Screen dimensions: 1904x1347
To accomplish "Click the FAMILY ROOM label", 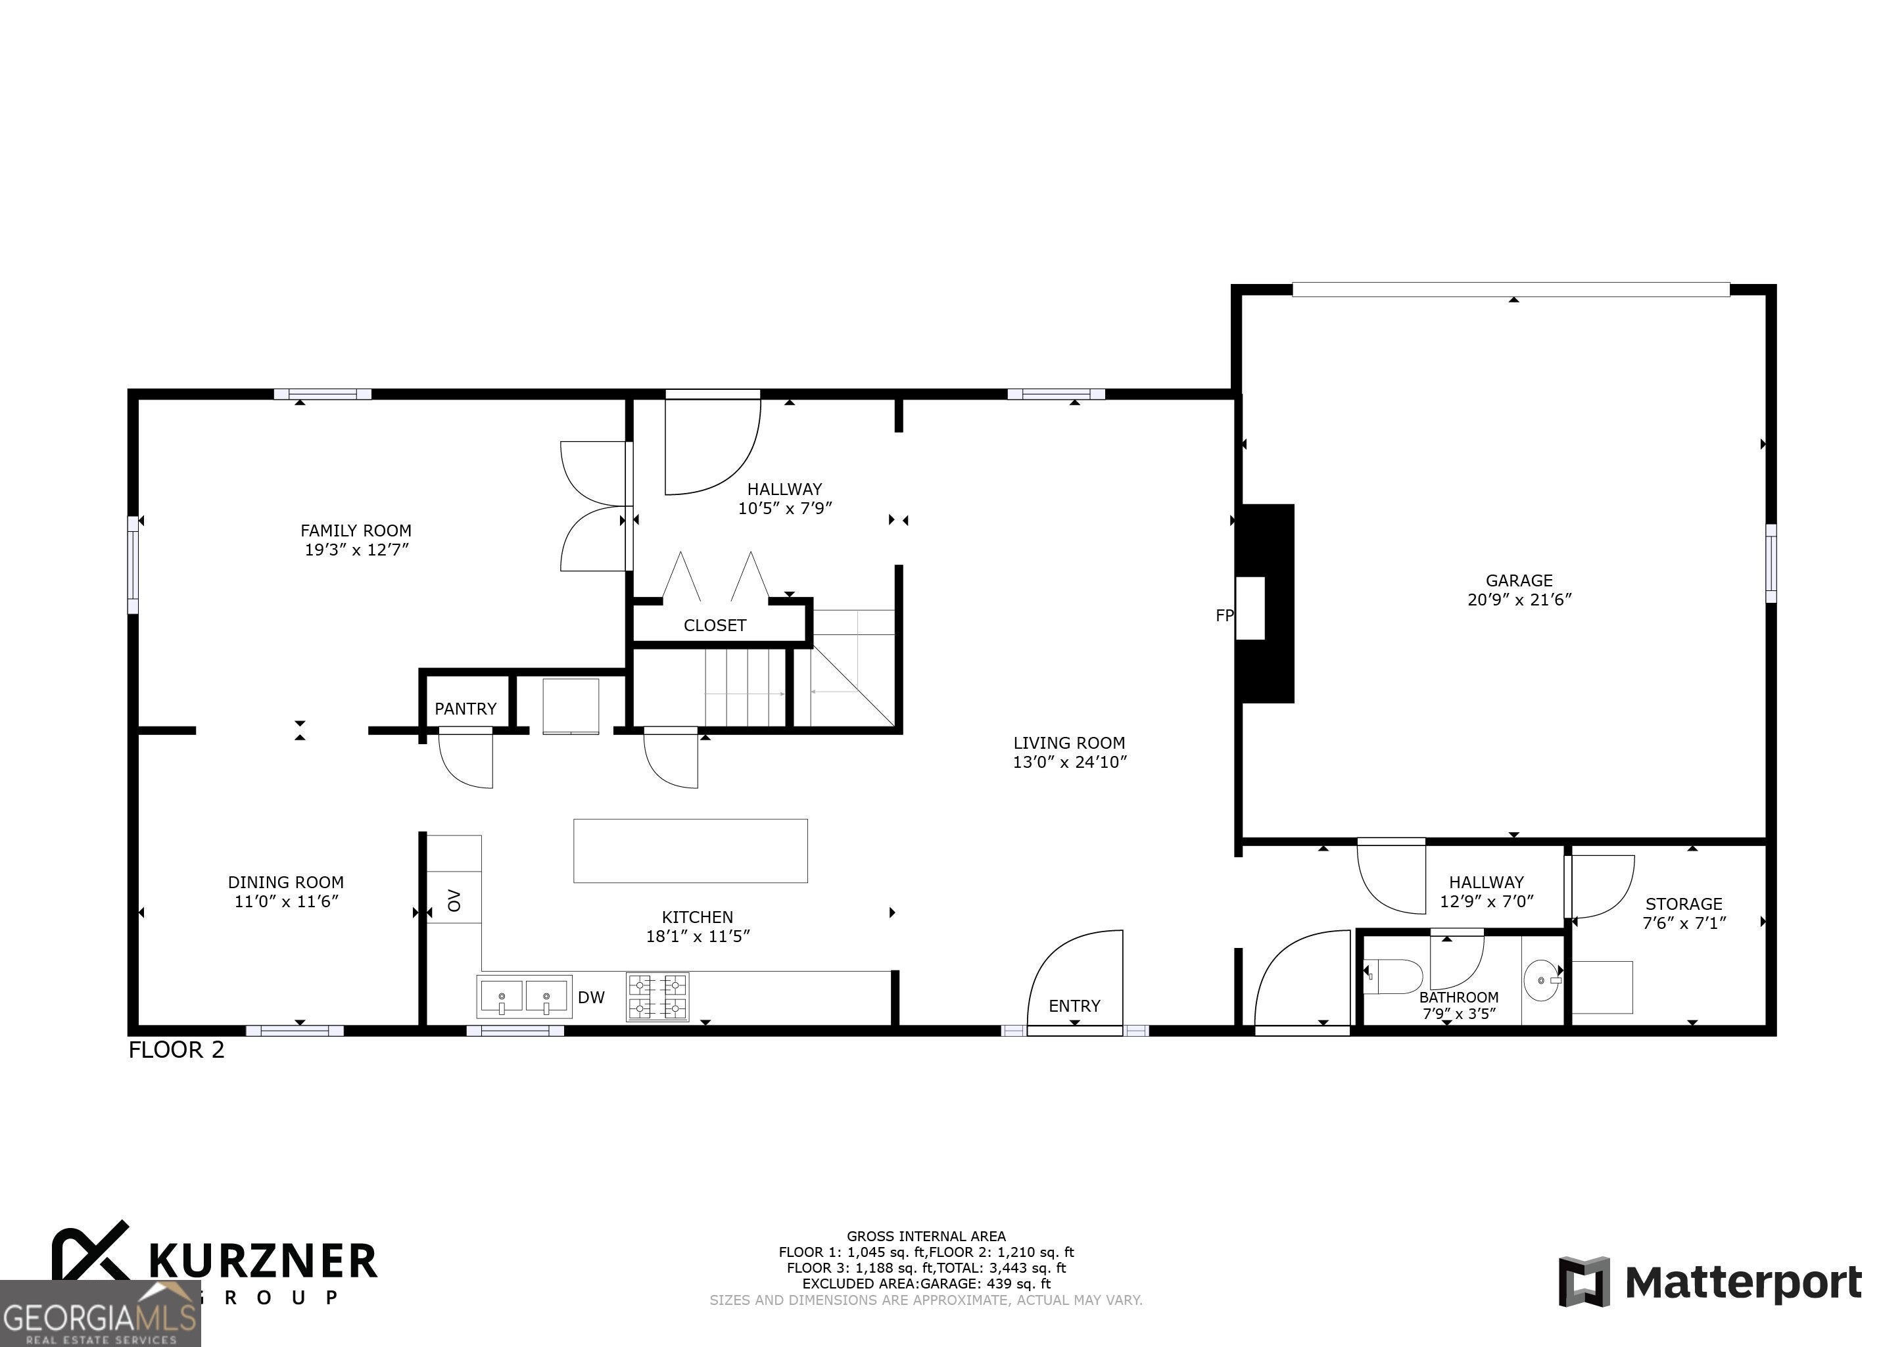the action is pos(356,531).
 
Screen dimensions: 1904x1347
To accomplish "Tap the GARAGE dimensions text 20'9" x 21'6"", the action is pos(1519,600).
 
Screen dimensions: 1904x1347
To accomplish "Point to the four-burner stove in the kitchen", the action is pos(657,996).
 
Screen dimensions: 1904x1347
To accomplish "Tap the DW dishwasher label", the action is pos(591,998).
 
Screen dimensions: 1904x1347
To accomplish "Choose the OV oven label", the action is pos(454,900).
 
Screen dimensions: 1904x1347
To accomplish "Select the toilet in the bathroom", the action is pos(1393,976).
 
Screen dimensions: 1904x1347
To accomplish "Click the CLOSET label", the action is pos(715,625).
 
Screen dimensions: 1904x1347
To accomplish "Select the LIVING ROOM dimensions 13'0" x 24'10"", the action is pos(1069,763).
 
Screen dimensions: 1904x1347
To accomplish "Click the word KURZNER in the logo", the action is pos(263,1262).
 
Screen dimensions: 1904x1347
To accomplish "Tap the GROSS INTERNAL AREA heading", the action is pos(926,1237).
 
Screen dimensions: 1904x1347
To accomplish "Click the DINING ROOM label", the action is pos(286,882).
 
